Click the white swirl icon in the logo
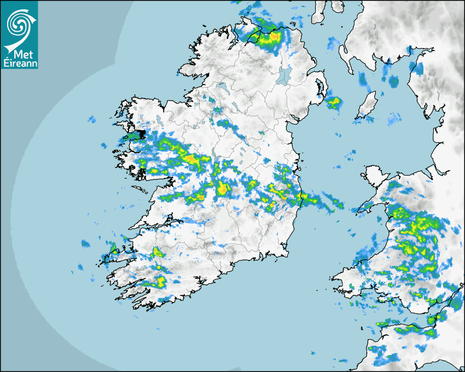18,23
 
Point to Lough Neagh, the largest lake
284,74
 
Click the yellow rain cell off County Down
333,101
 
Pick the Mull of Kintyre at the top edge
318,12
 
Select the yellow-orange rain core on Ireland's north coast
268,37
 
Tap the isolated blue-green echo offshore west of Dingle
85,243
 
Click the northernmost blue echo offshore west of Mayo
91,119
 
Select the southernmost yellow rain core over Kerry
161,282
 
